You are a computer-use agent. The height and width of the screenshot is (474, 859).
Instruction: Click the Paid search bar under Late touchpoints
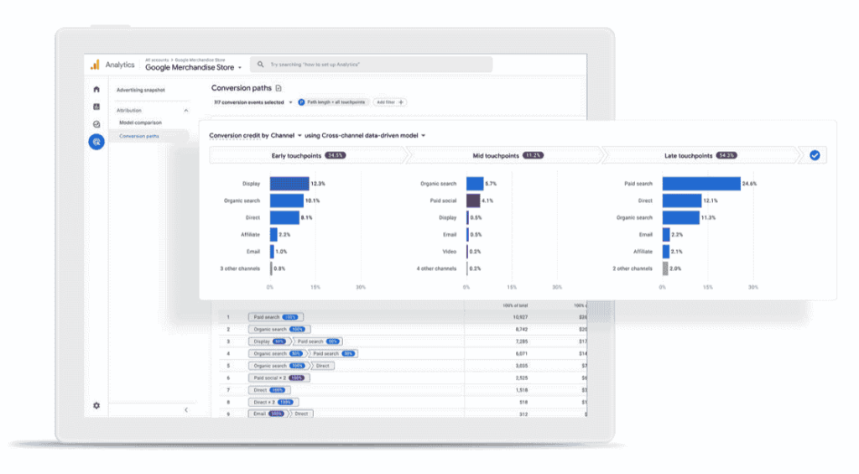pos(701,184)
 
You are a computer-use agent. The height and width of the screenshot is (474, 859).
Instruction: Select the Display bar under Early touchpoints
pos(289,184)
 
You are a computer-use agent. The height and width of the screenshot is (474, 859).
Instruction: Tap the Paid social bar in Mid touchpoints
pos(473,201)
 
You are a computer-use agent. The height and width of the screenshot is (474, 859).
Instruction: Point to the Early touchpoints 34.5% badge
pos(336,155)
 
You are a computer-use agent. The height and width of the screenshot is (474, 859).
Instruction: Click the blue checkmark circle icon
pos(815,155)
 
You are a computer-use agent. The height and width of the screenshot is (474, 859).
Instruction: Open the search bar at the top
pos(373,65)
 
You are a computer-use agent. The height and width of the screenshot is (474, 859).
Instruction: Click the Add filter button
pos(390,102)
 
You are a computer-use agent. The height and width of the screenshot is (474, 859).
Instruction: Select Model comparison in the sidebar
pos(139,122)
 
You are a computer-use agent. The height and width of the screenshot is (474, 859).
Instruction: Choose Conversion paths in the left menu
pos(139,136)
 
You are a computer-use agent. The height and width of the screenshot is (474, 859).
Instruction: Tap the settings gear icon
pos(96,405)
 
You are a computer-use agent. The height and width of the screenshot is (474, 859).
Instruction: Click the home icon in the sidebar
pos(96,89)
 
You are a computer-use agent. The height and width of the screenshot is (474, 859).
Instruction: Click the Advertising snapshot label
pos(141,89)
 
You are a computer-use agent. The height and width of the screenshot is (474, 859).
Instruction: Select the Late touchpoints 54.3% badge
pos(727,155)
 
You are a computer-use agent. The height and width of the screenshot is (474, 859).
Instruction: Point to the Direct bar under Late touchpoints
pos(682,201)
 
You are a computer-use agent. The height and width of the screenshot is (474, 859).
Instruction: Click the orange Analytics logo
pos(96,65)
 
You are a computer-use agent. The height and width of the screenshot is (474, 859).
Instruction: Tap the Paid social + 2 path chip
pos(276,378)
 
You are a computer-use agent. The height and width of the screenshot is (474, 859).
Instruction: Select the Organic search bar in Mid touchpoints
pos(475,184)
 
